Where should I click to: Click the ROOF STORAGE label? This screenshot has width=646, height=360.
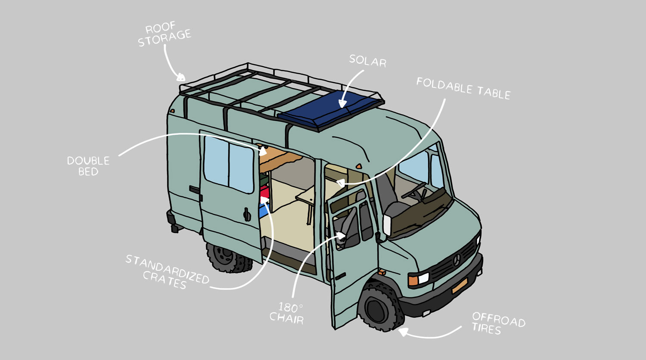[x=165, y=34]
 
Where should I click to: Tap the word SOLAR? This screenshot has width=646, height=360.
[x=368, y=61]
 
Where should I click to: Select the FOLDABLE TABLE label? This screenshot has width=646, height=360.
[x=463, y=89]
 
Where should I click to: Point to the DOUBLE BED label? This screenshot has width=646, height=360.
[x=88, y=166]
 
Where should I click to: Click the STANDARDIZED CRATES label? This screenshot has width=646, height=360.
[x=167, y=272]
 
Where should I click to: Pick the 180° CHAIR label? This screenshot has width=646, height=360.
[x=287, y=313]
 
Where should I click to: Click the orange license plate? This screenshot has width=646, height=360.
[x=460, y=286]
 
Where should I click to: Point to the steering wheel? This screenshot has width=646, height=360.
[x=414, y=191]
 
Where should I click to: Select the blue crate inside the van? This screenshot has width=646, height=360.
[x=264, y=210]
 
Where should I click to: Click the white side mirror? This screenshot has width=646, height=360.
[x=387, y=225]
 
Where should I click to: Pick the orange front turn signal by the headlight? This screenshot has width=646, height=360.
[x=413, y=280]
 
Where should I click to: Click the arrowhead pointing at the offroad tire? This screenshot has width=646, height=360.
[x=403, y=332]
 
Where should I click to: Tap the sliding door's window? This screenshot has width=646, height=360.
[x=228, y=164]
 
